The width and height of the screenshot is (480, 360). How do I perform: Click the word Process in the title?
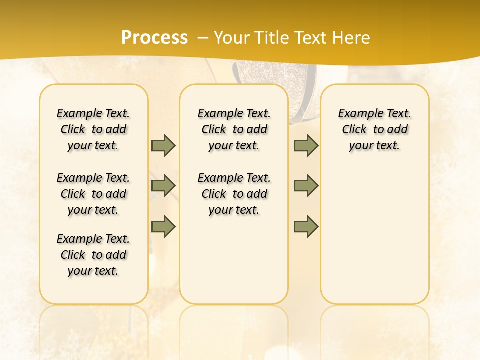[x=154, y=37]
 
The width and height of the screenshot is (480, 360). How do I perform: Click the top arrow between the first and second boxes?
[x=163, y=145]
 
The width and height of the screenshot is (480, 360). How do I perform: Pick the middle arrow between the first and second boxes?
[x=163, y=186]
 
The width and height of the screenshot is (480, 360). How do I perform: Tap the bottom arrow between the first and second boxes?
[x=163, y=226]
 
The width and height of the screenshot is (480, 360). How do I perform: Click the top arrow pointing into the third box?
[x=306, y=145]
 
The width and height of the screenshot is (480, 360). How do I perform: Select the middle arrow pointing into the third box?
[x=306, y=186]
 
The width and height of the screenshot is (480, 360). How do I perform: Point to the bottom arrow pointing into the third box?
[x=306, y=226]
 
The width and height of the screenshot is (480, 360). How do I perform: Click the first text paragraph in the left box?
[x=93, y=129]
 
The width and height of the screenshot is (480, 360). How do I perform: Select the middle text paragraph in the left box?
[x=93, y=194]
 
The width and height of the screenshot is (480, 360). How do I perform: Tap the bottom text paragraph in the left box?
[x=93, y=255]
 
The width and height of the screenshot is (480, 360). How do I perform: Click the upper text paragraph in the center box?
[x=234, y=129]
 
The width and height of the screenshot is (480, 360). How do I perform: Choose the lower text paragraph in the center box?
[x=234, y=194]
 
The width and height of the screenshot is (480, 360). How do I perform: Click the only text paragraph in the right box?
[x=374, y=129]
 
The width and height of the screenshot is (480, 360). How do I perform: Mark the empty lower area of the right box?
[x=374, y=235]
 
